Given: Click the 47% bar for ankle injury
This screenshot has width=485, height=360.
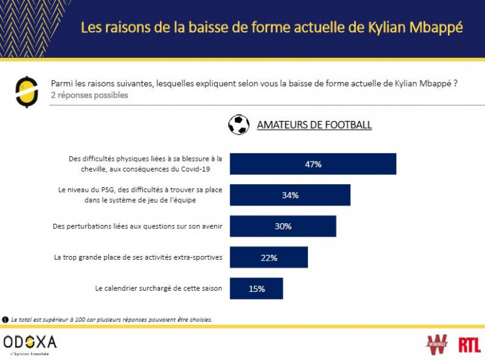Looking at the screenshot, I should (312, 164).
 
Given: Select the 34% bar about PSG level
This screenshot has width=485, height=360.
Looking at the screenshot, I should (290, 195).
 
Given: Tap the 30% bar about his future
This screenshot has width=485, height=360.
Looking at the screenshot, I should (283, 226).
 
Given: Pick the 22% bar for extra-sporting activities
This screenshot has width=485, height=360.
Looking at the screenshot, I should (268, 257).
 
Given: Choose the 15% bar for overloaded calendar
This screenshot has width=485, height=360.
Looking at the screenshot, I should (256, 289).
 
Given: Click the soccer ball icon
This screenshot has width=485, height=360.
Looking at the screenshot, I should (239, 124).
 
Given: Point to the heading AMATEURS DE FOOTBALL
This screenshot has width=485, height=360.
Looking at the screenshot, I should (314, 125).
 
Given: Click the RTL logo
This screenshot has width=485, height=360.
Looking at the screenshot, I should (469, 344).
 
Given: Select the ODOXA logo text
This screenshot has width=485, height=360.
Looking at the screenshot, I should (30, 342).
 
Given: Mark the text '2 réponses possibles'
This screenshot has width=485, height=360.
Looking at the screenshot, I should (89, 95).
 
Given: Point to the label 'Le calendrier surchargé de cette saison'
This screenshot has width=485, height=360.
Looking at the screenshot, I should (158, 288).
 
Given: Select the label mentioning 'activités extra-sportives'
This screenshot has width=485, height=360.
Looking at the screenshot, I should (138, 257).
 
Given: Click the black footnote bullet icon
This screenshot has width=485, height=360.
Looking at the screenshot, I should (6, 320).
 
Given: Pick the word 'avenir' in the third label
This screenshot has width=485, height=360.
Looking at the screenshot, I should (208, 226).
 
